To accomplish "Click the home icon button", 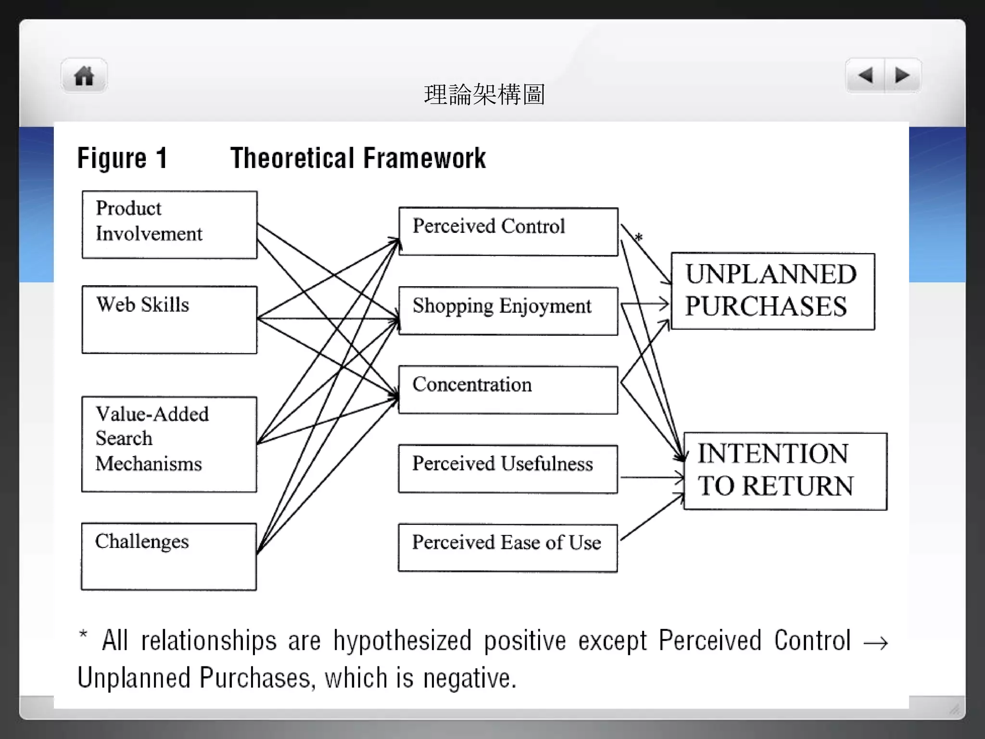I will [84, 76].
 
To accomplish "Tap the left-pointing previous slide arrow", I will [865, 75].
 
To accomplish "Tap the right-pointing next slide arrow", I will [902, 75].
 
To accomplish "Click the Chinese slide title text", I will [484, 94].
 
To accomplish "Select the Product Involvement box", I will [169, 225].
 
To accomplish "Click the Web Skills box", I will [169, 320].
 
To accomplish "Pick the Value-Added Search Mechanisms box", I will [169, 444].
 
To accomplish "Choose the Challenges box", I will [169, 557].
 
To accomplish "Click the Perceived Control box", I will [508, 231].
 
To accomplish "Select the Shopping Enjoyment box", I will [508, 311].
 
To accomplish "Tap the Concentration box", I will [508, 390].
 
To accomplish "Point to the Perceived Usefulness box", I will [508, 469].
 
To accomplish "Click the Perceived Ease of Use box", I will [508, 548].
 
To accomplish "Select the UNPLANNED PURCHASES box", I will [772, 291].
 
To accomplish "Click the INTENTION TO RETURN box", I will [785, 471].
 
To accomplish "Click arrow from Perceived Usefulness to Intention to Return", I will [652, 477].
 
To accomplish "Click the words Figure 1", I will [122, 158].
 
